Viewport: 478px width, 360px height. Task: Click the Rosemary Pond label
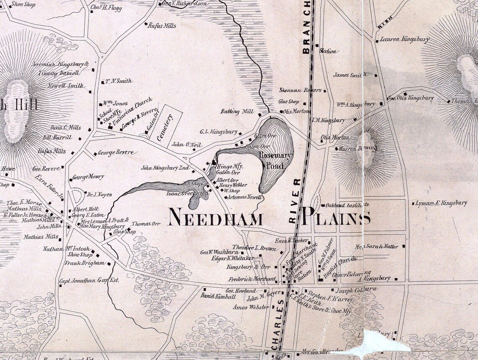tap(271, 160)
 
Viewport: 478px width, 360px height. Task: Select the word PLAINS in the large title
tap(336, 218)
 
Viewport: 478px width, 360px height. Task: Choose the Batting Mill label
tap(236, 112)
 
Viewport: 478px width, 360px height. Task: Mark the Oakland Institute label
tap(347, 205)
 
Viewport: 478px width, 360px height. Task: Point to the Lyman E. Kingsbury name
tap(441, 203)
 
